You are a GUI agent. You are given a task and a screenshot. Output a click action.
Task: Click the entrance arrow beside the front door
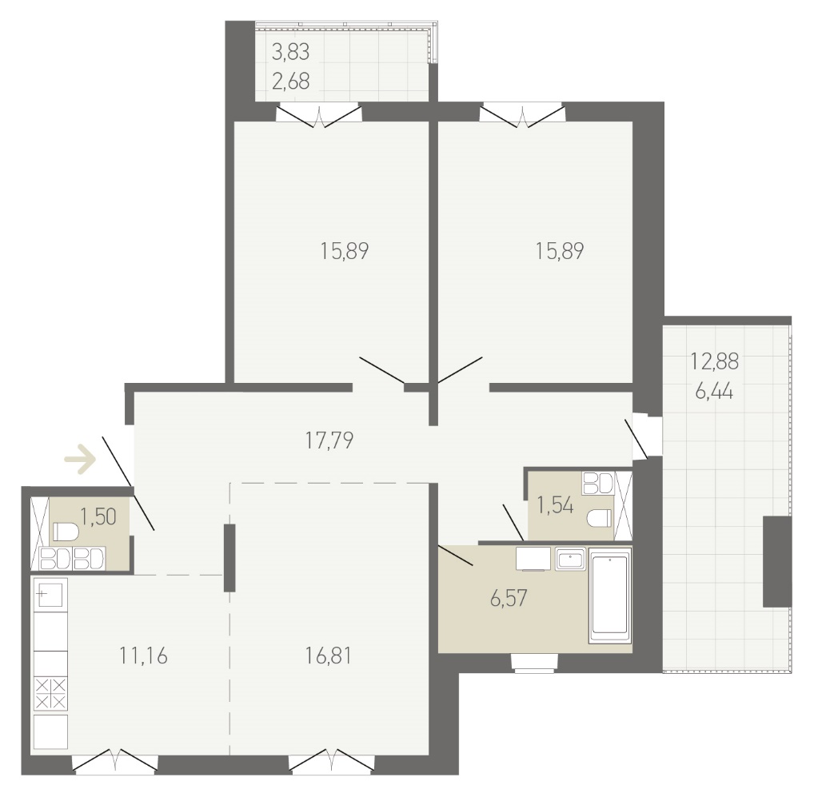click(80, 459)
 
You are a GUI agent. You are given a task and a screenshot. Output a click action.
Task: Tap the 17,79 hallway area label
click(329, 440)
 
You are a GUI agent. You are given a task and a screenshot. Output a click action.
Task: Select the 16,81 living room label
click(328, 656)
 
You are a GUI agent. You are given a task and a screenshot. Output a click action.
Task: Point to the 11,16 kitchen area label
click(143, 656)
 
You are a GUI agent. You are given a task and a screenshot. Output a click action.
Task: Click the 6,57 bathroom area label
click(509, 599)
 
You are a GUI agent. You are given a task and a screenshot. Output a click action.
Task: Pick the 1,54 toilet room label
click(555, 505)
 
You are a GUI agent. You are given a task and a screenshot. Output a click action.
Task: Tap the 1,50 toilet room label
click(98, 516)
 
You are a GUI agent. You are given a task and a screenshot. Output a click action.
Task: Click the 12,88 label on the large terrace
click(714, 361)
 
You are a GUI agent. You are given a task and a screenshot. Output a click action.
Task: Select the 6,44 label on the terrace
click(714, 390)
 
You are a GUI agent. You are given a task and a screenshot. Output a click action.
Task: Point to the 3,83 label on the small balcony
click(290, 52)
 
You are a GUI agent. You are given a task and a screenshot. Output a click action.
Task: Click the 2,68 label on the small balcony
click(290, 82)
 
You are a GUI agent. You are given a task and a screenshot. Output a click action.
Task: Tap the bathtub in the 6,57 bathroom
click(610, 600)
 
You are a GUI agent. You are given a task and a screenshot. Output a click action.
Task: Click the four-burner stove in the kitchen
click(50, 694)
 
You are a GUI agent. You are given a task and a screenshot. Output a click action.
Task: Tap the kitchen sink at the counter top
click(50, 594)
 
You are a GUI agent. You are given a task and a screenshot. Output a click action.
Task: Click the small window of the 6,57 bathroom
click(535, 662)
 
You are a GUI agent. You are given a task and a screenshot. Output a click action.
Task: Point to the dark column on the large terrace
click(777, 561)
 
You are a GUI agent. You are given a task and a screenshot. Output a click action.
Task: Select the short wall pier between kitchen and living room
click(229, 558)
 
